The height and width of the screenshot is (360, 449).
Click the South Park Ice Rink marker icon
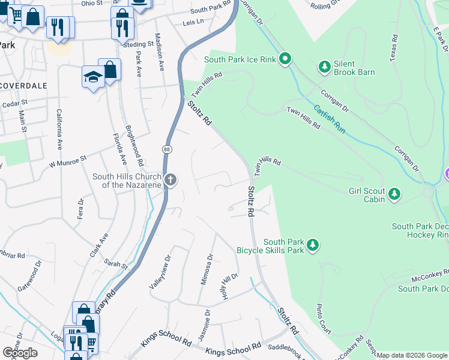286,59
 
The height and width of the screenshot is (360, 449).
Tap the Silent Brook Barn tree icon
325,67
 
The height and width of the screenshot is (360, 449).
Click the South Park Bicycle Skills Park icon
312,245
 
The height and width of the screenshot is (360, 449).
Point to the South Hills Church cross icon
170,180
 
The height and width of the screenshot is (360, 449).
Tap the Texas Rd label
394,46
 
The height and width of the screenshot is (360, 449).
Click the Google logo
20,353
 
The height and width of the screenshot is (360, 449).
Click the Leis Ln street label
193,22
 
